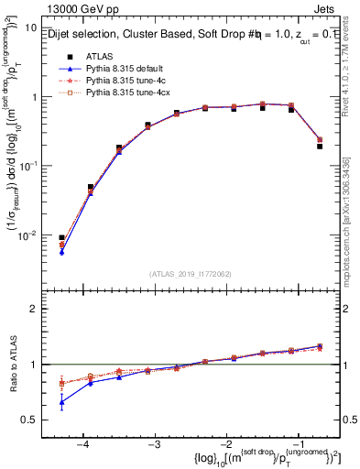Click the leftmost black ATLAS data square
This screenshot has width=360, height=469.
click(61, 238)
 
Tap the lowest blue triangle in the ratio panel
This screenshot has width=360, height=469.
click(61, 402)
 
